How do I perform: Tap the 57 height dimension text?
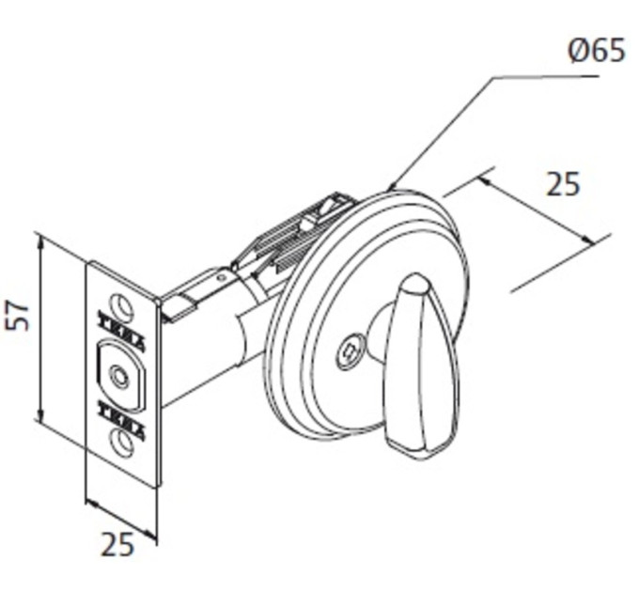point(18,316)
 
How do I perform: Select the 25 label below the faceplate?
point(117,544)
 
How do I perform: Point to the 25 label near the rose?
point(562,184)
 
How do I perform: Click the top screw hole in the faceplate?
point(121,305)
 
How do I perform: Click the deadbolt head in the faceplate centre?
point(121,375)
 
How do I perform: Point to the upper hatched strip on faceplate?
point(121,331)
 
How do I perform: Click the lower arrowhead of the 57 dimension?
point(39,414)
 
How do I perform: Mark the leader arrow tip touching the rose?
point(390,190)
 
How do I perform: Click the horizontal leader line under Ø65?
point(545,76)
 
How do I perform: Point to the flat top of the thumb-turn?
point(413,283)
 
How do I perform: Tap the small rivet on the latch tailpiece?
point(221,278)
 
